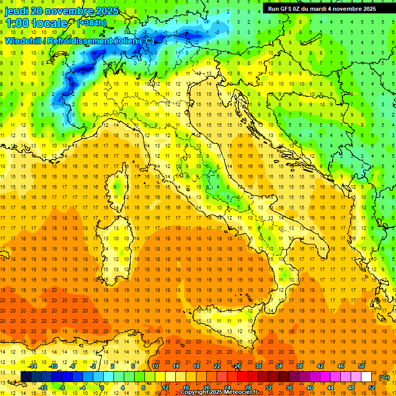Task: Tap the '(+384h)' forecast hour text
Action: coord(92,23)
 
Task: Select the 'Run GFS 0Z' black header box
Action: coord(322,9)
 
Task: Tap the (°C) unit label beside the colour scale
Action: coord(384,377)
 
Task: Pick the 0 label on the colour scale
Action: coord(102,387)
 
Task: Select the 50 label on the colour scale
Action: coord(361,366)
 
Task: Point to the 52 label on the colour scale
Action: coord(372,387)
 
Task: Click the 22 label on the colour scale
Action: coord(217,366)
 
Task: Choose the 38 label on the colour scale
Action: coord(300,366)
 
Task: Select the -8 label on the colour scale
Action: coord(62,387)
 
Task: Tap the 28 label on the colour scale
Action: coord(247,387)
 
